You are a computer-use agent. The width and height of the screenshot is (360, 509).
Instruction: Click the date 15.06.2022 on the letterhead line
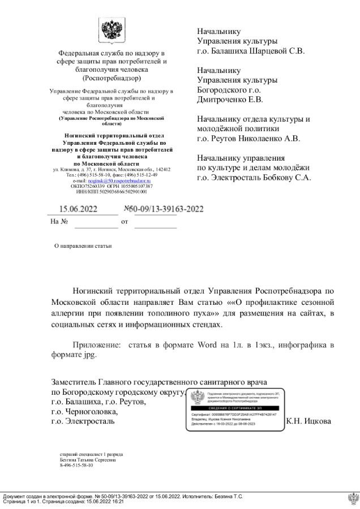click(79, 209)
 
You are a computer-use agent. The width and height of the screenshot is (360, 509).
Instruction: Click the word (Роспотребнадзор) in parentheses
click(111, 78)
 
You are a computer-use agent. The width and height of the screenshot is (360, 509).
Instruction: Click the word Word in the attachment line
click(208, 344)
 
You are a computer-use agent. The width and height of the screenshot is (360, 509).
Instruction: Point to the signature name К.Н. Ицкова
click(308, 421)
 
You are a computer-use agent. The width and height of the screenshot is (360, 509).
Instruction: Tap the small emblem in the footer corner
click(353, 498)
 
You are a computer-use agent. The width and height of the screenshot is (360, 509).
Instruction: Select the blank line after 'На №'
click(96, 222)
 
